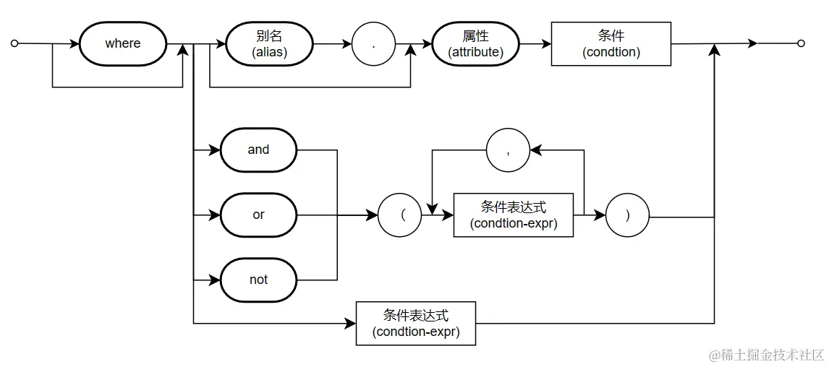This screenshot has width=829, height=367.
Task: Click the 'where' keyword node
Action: (123, 43)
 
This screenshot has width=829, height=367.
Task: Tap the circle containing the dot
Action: (373, 43)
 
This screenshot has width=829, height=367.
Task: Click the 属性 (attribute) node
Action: (475, 43)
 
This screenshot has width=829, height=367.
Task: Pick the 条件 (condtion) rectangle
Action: (611, 43)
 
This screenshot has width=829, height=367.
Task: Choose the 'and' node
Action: (258, 150)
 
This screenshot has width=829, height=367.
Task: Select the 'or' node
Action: (258, 215)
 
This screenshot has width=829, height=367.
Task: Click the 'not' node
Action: (258, 280)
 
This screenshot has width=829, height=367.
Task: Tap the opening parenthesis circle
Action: (400, 215)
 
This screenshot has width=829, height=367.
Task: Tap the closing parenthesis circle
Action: (627, 215)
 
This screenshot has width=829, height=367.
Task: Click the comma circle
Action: (509, 150)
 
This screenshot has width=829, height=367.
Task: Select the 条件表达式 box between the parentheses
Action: (514, 215)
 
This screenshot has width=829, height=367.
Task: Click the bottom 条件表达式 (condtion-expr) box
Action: (416, 323)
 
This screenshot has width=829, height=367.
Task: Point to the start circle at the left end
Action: (14, 43)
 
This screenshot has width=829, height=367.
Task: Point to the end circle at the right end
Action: (801, 43)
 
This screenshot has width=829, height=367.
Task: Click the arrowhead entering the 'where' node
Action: (74, 43)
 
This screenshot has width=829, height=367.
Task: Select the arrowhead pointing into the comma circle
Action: (535, 150)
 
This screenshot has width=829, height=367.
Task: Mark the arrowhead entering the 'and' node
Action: (215, 150)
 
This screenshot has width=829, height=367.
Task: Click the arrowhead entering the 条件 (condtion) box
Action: (546, 43)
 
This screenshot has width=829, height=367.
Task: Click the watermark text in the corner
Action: (767, 355)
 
